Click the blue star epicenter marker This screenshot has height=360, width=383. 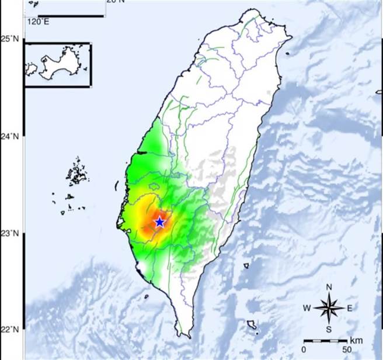(159, 222)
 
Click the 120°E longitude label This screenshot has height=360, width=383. (37, 22)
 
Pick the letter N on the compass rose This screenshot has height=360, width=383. (329, 286)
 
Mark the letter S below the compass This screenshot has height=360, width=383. (329, 329)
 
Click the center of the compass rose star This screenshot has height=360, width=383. (329, 308)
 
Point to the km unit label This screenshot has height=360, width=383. (356, 340)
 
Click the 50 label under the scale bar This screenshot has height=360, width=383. (347, 349)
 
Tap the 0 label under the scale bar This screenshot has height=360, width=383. (304, 349)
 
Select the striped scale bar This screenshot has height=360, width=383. (325, 340)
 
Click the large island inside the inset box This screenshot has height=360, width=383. (59, 62)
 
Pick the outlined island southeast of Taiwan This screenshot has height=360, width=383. (252, 324)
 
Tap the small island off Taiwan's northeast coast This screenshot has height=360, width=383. (288, 54)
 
